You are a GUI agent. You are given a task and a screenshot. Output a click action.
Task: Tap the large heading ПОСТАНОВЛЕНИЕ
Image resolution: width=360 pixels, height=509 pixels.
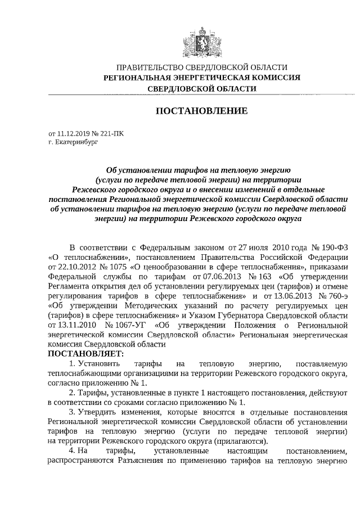(202, 111)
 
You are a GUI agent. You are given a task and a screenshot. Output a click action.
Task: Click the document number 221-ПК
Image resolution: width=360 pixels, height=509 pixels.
(111, 134)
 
